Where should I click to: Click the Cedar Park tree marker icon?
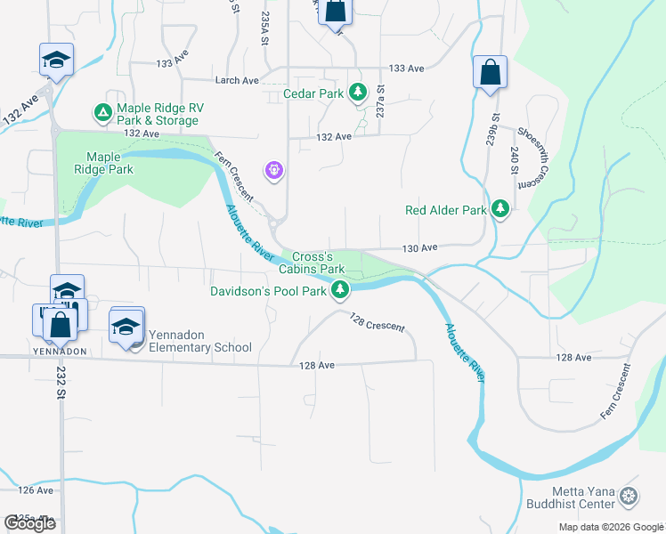357,92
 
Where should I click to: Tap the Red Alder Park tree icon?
500,210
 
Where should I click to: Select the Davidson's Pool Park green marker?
340,290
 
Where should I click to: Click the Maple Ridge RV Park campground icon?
102,113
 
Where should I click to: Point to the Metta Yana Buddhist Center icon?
629,496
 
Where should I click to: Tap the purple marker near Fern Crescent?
273,169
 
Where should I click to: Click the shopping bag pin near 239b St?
490,74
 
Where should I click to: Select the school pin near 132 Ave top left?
56,61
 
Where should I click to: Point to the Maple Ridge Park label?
102,163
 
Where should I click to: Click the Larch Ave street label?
237,80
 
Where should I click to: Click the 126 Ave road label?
36,490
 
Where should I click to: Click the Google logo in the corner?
29,522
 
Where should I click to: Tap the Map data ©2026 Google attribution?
610,527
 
